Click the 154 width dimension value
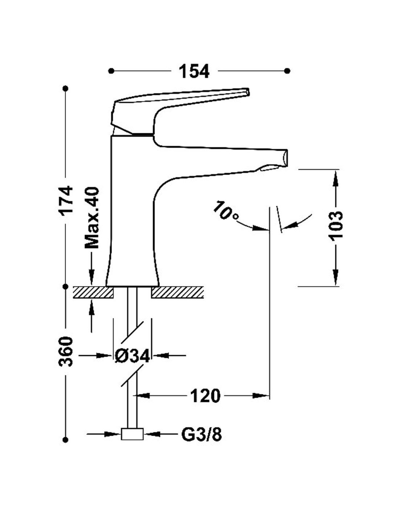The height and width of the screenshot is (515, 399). click(x=194, y=71)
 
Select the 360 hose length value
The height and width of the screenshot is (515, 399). click(x=67, y=351)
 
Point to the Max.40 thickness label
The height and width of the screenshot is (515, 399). click(x=92, y=217)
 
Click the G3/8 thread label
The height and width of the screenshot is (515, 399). click(x=201, y=435)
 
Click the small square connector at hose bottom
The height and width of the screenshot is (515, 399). click(x=132, y=434)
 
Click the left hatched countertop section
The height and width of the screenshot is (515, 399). click(x=94, y=292)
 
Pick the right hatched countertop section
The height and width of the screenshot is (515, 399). click(x=178, y=292)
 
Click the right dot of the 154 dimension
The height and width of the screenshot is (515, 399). click(x=288, y=71)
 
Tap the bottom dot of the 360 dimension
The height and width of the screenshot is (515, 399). click(x=66, y=440)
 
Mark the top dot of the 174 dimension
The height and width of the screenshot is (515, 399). click(x=66, y=88)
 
